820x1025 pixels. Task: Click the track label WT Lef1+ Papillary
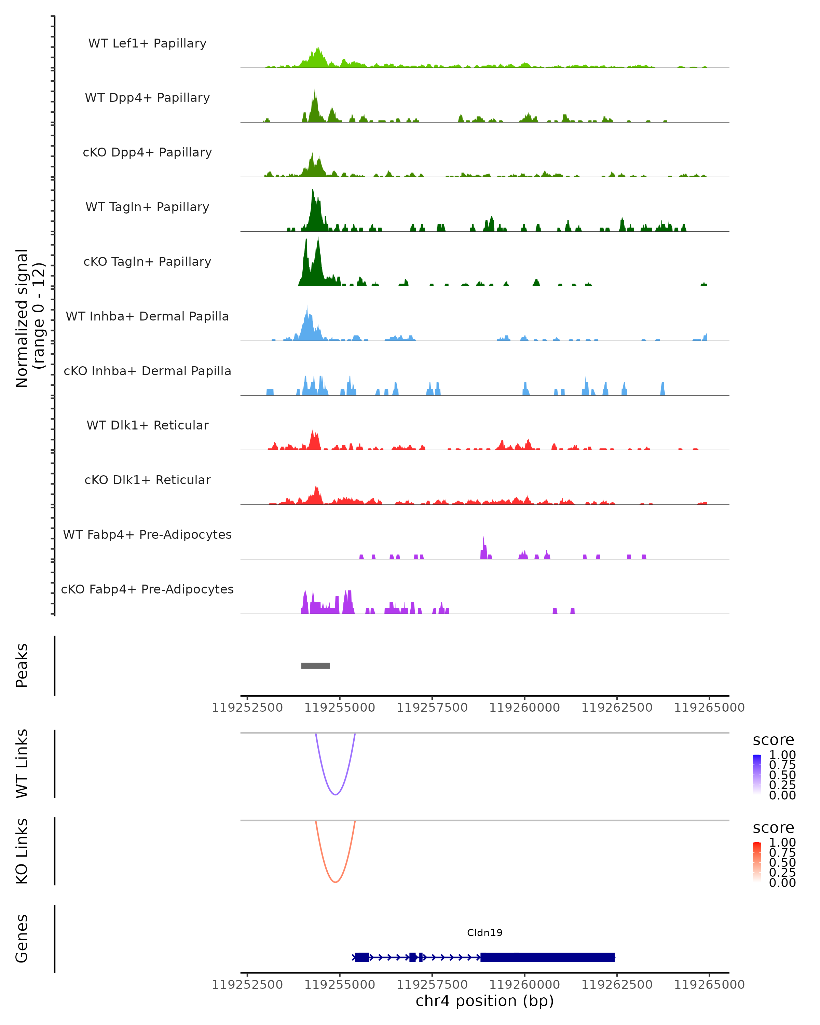click(147, 43)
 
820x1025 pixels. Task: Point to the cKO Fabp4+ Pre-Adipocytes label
click(147, 589)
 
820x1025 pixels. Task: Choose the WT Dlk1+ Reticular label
click(147, 425)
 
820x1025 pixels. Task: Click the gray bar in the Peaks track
click(316, 666)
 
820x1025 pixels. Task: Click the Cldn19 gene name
click(484, 932)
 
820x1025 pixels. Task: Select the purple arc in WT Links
click(335, 794)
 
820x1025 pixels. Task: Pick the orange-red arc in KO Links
click(335, 882)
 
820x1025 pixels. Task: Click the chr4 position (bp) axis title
click(484, 1001)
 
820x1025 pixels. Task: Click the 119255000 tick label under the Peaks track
click(340, 708)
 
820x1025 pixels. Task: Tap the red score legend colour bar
click(757, 862)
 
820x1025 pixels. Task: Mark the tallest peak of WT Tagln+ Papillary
click(312, 191)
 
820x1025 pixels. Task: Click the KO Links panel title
click(22, 851)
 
